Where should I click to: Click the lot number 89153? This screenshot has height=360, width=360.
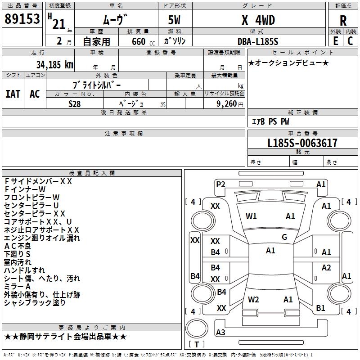[x=22, y=20]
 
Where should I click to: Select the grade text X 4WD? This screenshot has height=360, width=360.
[x=258, y=21]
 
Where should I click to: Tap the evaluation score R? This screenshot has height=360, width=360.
[x=343, y=21]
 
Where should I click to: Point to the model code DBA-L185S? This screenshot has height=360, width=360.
[x=257, y=41]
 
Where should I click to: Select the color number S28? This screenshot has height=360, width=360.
[x=75, y=103]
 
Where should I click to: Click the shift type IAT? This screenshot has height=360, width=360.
[x=13, y=94]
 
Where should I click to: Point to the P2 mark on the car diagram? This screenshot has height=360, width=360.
[x=220, y=184]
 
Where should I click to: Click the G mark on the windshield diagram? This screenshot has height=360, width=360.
[x=284, y=237]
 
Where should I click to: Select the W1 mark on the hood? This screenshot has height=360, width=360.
[x=252, y=216]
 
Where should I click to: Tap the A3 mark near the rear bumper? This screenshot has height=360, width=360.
[x=220, y=333]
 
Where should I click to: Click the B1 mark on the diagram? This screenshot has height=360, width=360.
[x=320, y=308]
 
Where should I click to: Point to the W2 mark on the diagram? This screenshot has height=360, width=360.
[x=253, y=300]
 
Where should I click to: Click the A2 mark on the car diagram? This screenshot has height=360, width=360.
[x=326, y=268]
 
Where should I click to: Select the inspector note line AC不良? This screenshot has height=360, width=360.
[x=18, y=246]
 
